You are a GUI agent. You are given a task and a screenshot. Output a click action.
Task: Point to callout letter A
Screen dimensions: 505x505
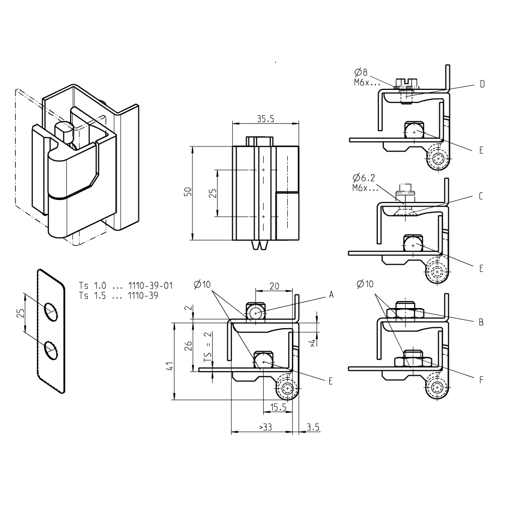(x=331, y=294)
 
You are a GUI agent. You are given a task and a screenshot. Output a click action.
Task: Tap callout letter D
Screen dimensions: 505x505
(x=482, y=84)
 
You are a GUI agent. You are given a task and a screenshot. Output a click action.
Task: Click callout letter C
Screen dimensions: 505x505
(x=482, y=196)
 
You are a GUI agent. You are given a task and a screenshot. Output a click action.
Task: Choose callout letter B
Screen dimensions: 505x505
(x=482, y=321)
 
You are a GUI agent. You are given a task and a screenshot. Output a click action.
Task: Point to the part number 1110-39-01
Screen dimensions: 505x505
(x=151, y=286)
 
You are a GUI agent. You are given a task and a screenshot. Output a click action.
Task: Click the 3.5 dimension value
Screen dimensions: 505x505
(x=313, y=427)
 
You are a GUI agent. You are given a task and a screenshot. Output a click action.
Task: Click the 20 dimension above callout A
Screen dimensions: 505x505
(x=274, y=286)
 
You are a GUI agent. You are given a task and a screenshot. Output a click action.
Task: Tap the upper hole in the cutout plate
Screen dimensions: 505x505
(x=50, y=310)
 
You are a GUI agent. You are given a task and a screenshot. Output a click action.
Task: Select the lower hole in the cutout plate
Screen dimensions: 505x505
(x=50, y=349)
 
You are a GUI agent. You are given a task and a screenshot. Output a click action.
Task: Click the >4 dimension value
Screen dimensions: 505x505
(x=313, y=343)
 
